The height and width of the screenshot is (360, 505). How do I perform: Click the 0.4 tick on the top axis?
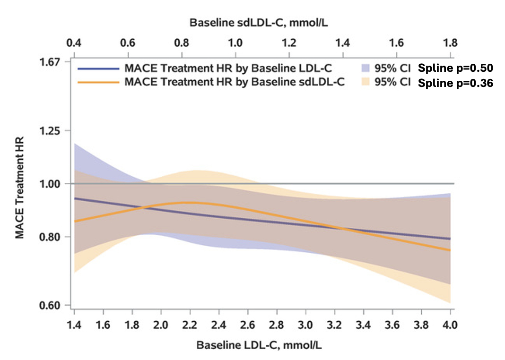73,43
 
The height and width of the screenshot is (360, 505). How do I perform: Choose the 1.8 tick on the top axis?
450,43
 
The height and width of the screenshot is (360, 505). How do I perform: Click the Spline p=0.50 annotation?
455,69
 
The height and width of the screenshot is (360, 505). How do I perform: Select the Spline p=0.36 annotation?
455,83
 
